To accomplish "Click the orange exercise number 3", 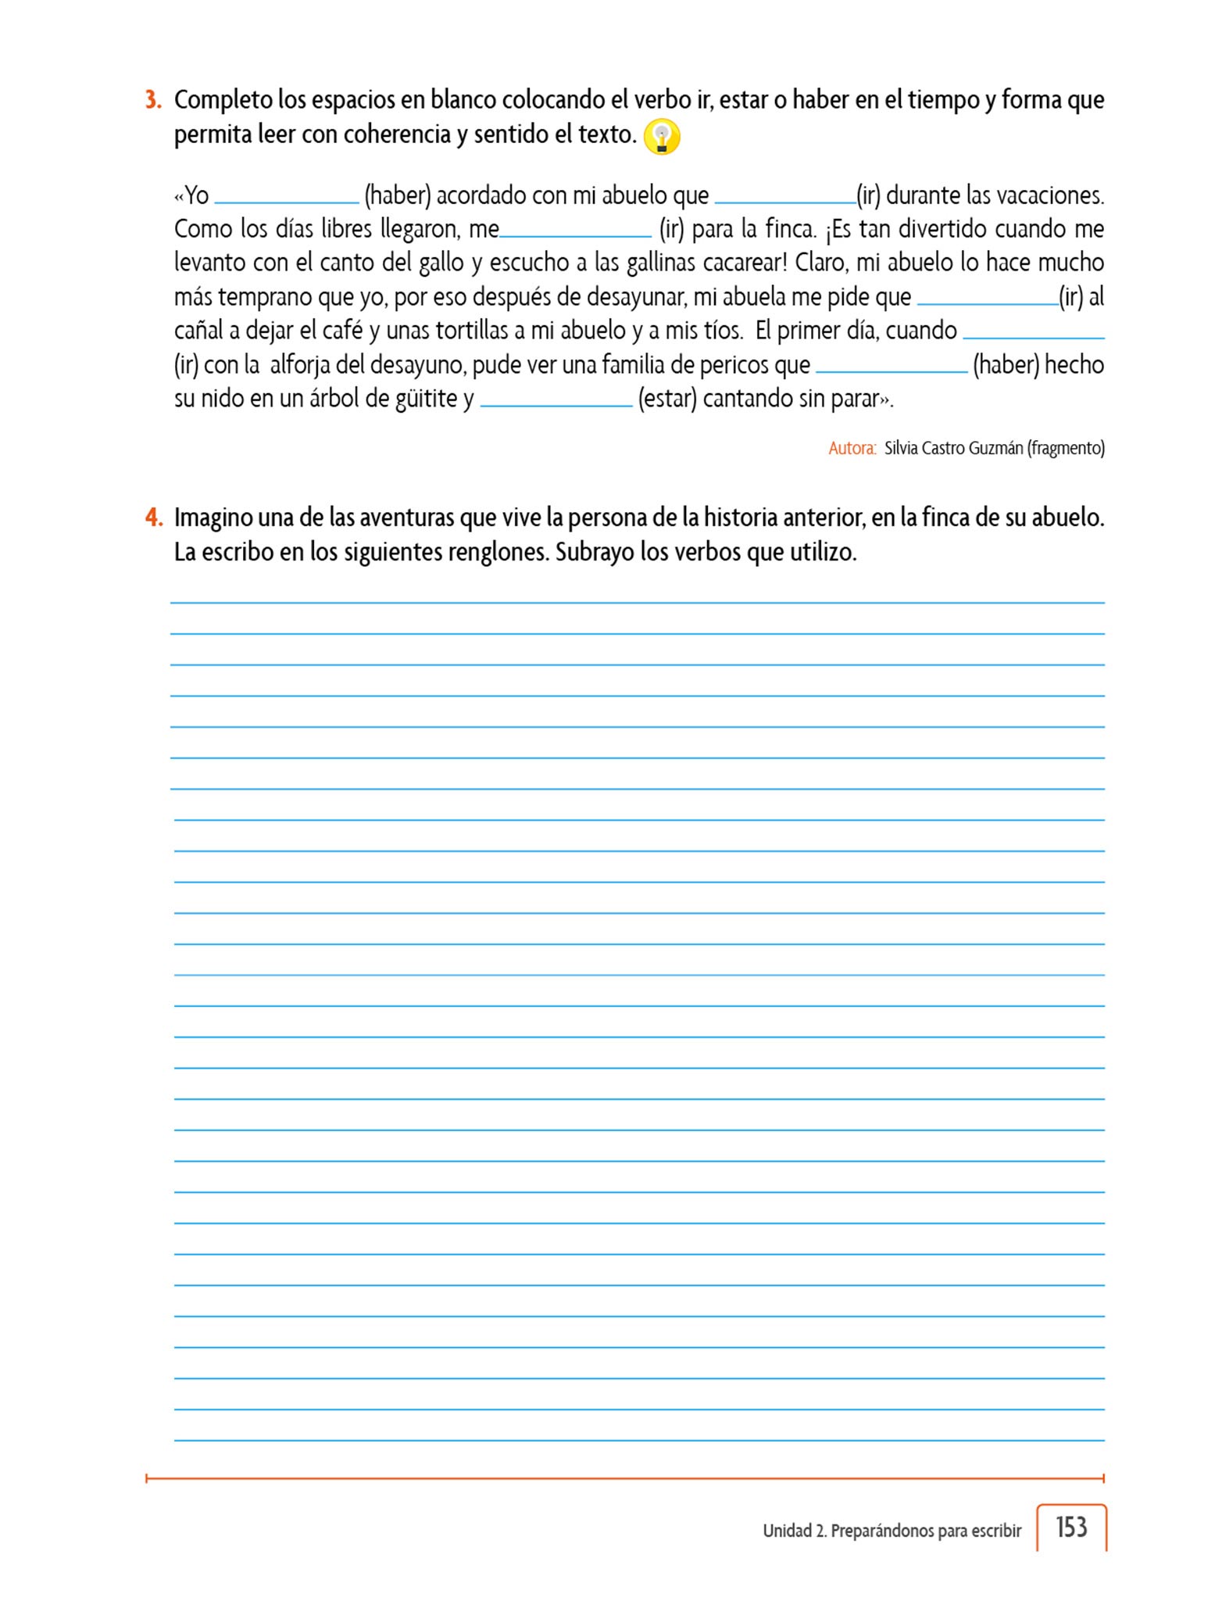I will click(x=153, y=100).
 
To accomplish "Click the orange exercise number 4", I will click(x=153, y=518).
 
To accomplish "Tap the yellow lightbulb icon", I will click(x=662, y=138).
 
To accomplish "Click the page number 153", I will click(x=1071, y=1527).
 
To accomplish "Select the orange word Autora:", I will click(x=852, y=449).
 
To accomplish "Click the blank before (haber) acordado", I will click(x=287, y=197).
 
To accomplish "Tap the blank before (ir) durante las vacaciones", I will click(x=785, y=197).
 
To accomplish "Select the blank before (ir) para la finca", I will click(x=575, y=231).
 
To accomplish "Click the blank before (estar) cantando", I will click(x=556, y=400).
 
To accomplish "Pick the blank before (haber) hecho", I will click(x=891, y=367).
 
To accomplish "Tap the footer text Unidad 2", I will click(x=795, y=1531).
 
